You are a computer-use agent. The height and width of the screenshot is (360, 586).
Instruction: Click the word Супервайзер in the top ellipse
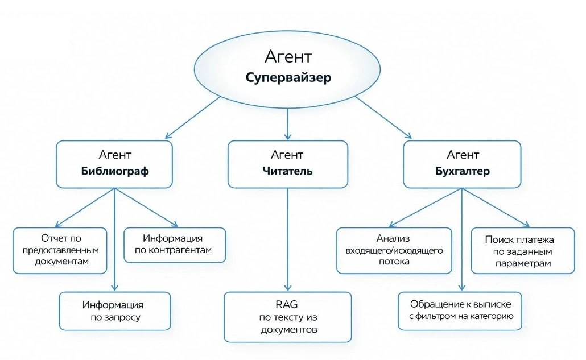pos(288,78)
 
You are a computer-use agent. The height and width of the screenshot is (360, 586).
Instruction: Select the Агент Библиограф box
pos(114,164)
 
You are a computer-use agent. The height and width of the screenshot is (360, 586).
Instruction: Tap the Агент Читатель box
pos(288,164)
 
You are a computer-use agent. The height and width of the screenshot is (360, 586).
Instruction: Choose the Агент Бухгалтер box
pos(463,164)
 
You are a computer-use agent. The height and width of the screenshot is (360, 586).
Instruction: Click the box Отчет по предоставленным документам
pos(60,251)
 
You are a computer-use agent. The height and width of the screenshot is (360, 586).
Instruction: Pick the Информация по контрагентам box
pos(175,245)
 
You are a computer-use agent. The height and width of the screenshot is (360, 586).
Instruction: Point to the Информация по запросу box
pos(115,311)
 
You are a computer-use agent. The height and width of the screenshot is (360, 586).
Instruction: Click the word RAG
pos(287,304)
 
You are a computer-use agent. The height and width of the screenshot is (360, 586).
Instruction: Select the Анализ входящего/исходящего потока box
pos(394,251)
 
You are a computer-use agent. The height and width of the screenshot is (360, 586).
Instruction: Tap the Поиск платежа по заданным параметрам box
pos(523,251)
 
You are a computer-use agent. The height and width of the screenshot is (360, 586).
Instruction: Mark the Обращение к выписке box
pos(460,311)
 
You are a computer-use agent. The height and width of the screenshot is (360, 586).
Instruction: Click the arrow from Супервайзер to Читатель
pos(288,124)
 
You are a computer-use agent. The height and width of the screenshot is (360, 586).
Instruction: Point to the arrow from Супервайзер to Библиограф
pos(193,117)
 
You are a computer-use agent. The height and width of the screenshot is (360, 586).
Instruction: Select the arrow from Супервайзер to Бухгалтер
pos(383,117)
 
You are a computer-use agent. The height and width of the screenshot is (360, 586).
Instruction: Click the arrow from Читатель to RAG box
pos(288,239)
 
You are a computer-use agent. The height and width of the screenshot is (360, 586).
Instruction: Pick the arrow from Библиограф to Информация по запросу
pos(115,239)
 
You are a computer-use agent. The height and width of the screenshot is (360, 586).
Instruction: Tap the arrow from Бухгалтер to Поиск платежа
pos(496,207)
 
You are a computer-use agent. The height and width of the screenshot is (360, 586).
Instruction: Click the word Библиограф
pos(115,171)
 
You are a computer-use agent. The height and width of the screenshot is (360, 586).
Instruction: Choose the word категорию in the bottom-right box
pos(492,316)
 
